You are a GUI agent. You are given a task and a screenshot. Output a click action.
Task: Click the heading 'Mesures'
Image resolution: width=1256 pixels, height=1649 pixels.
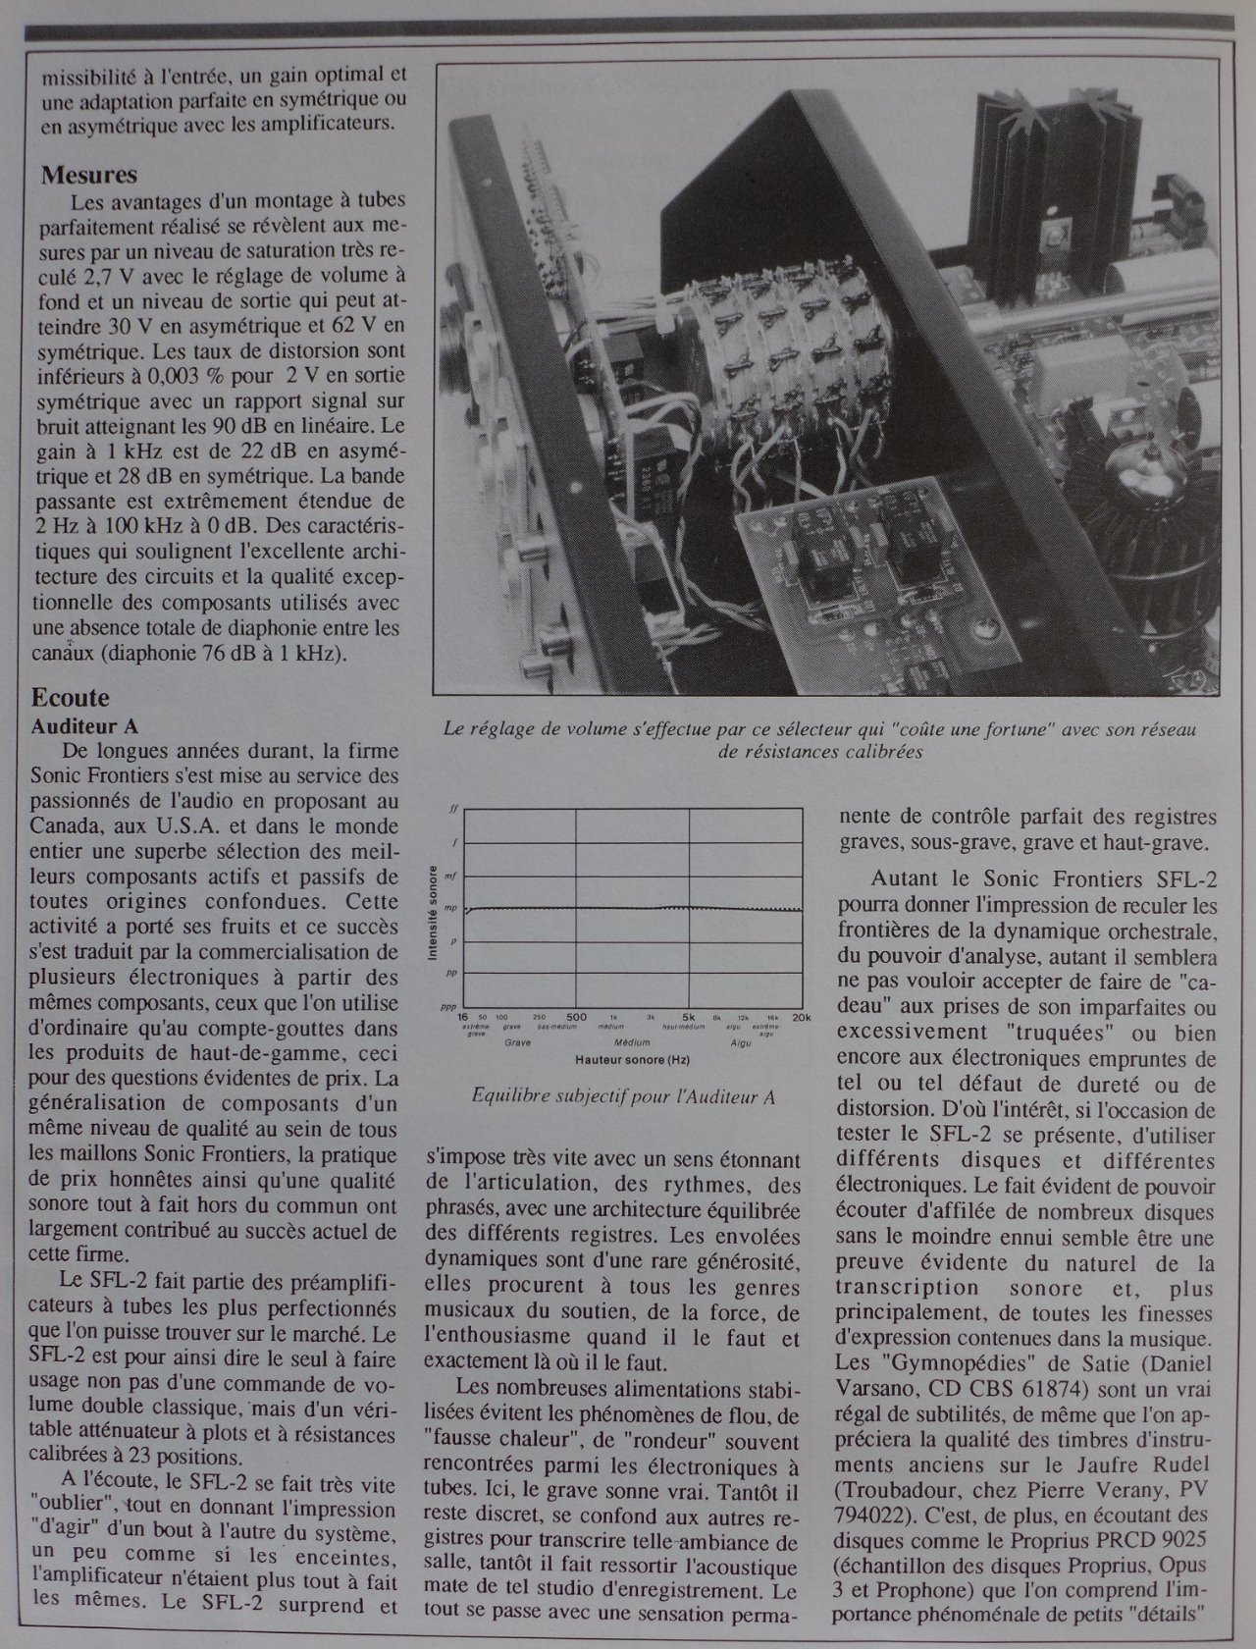click(89, 177)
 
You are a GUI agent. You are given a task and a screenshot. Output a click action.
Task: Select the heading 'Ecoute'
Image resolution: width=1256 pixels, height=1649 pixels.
click(71, 698)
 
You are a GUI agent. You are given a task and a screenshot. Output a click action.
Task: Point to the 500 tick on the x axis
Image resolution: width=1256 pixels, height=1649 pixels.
click(577, 1018)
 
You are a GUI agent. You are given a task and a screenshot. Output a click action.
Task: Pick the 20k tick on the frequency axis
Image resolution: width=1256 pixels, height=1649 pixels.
click(802, 1018)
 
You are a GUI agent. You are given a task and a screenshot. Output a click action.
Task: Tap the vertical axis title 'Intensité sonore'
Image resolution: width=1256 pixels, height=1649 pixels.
click(433, 909)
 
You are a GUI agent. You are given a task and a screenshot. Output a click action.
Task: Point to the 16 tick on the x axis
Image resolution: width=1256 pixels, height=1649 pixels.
click(463, 1018)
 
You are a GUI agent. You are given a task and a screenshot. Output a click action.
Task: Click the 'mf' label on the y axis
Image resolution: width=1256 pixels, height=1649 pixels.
click(451, 876)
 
